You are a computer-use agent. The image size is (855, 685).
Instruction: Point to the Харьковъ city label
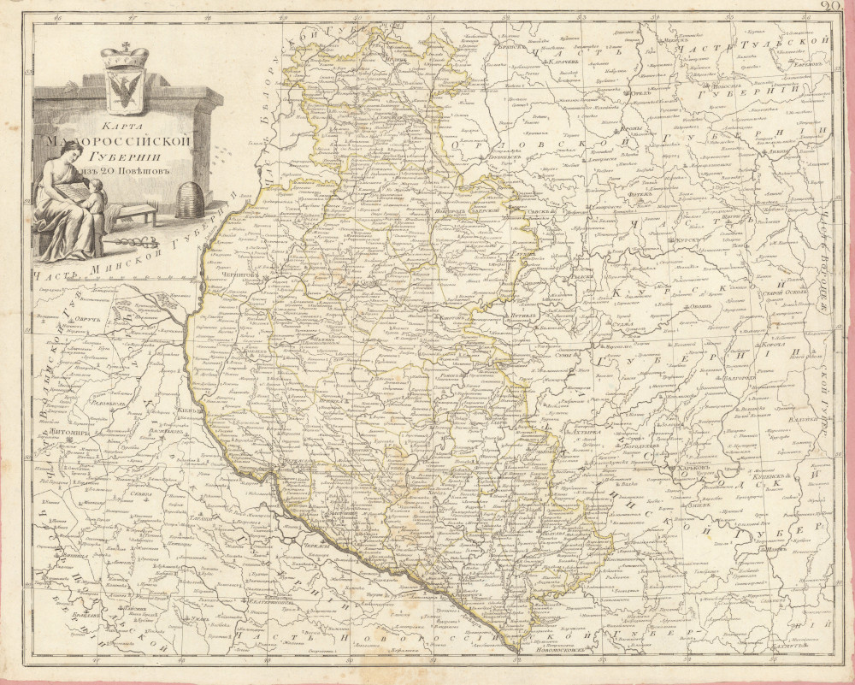click(x=692, y=469)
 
